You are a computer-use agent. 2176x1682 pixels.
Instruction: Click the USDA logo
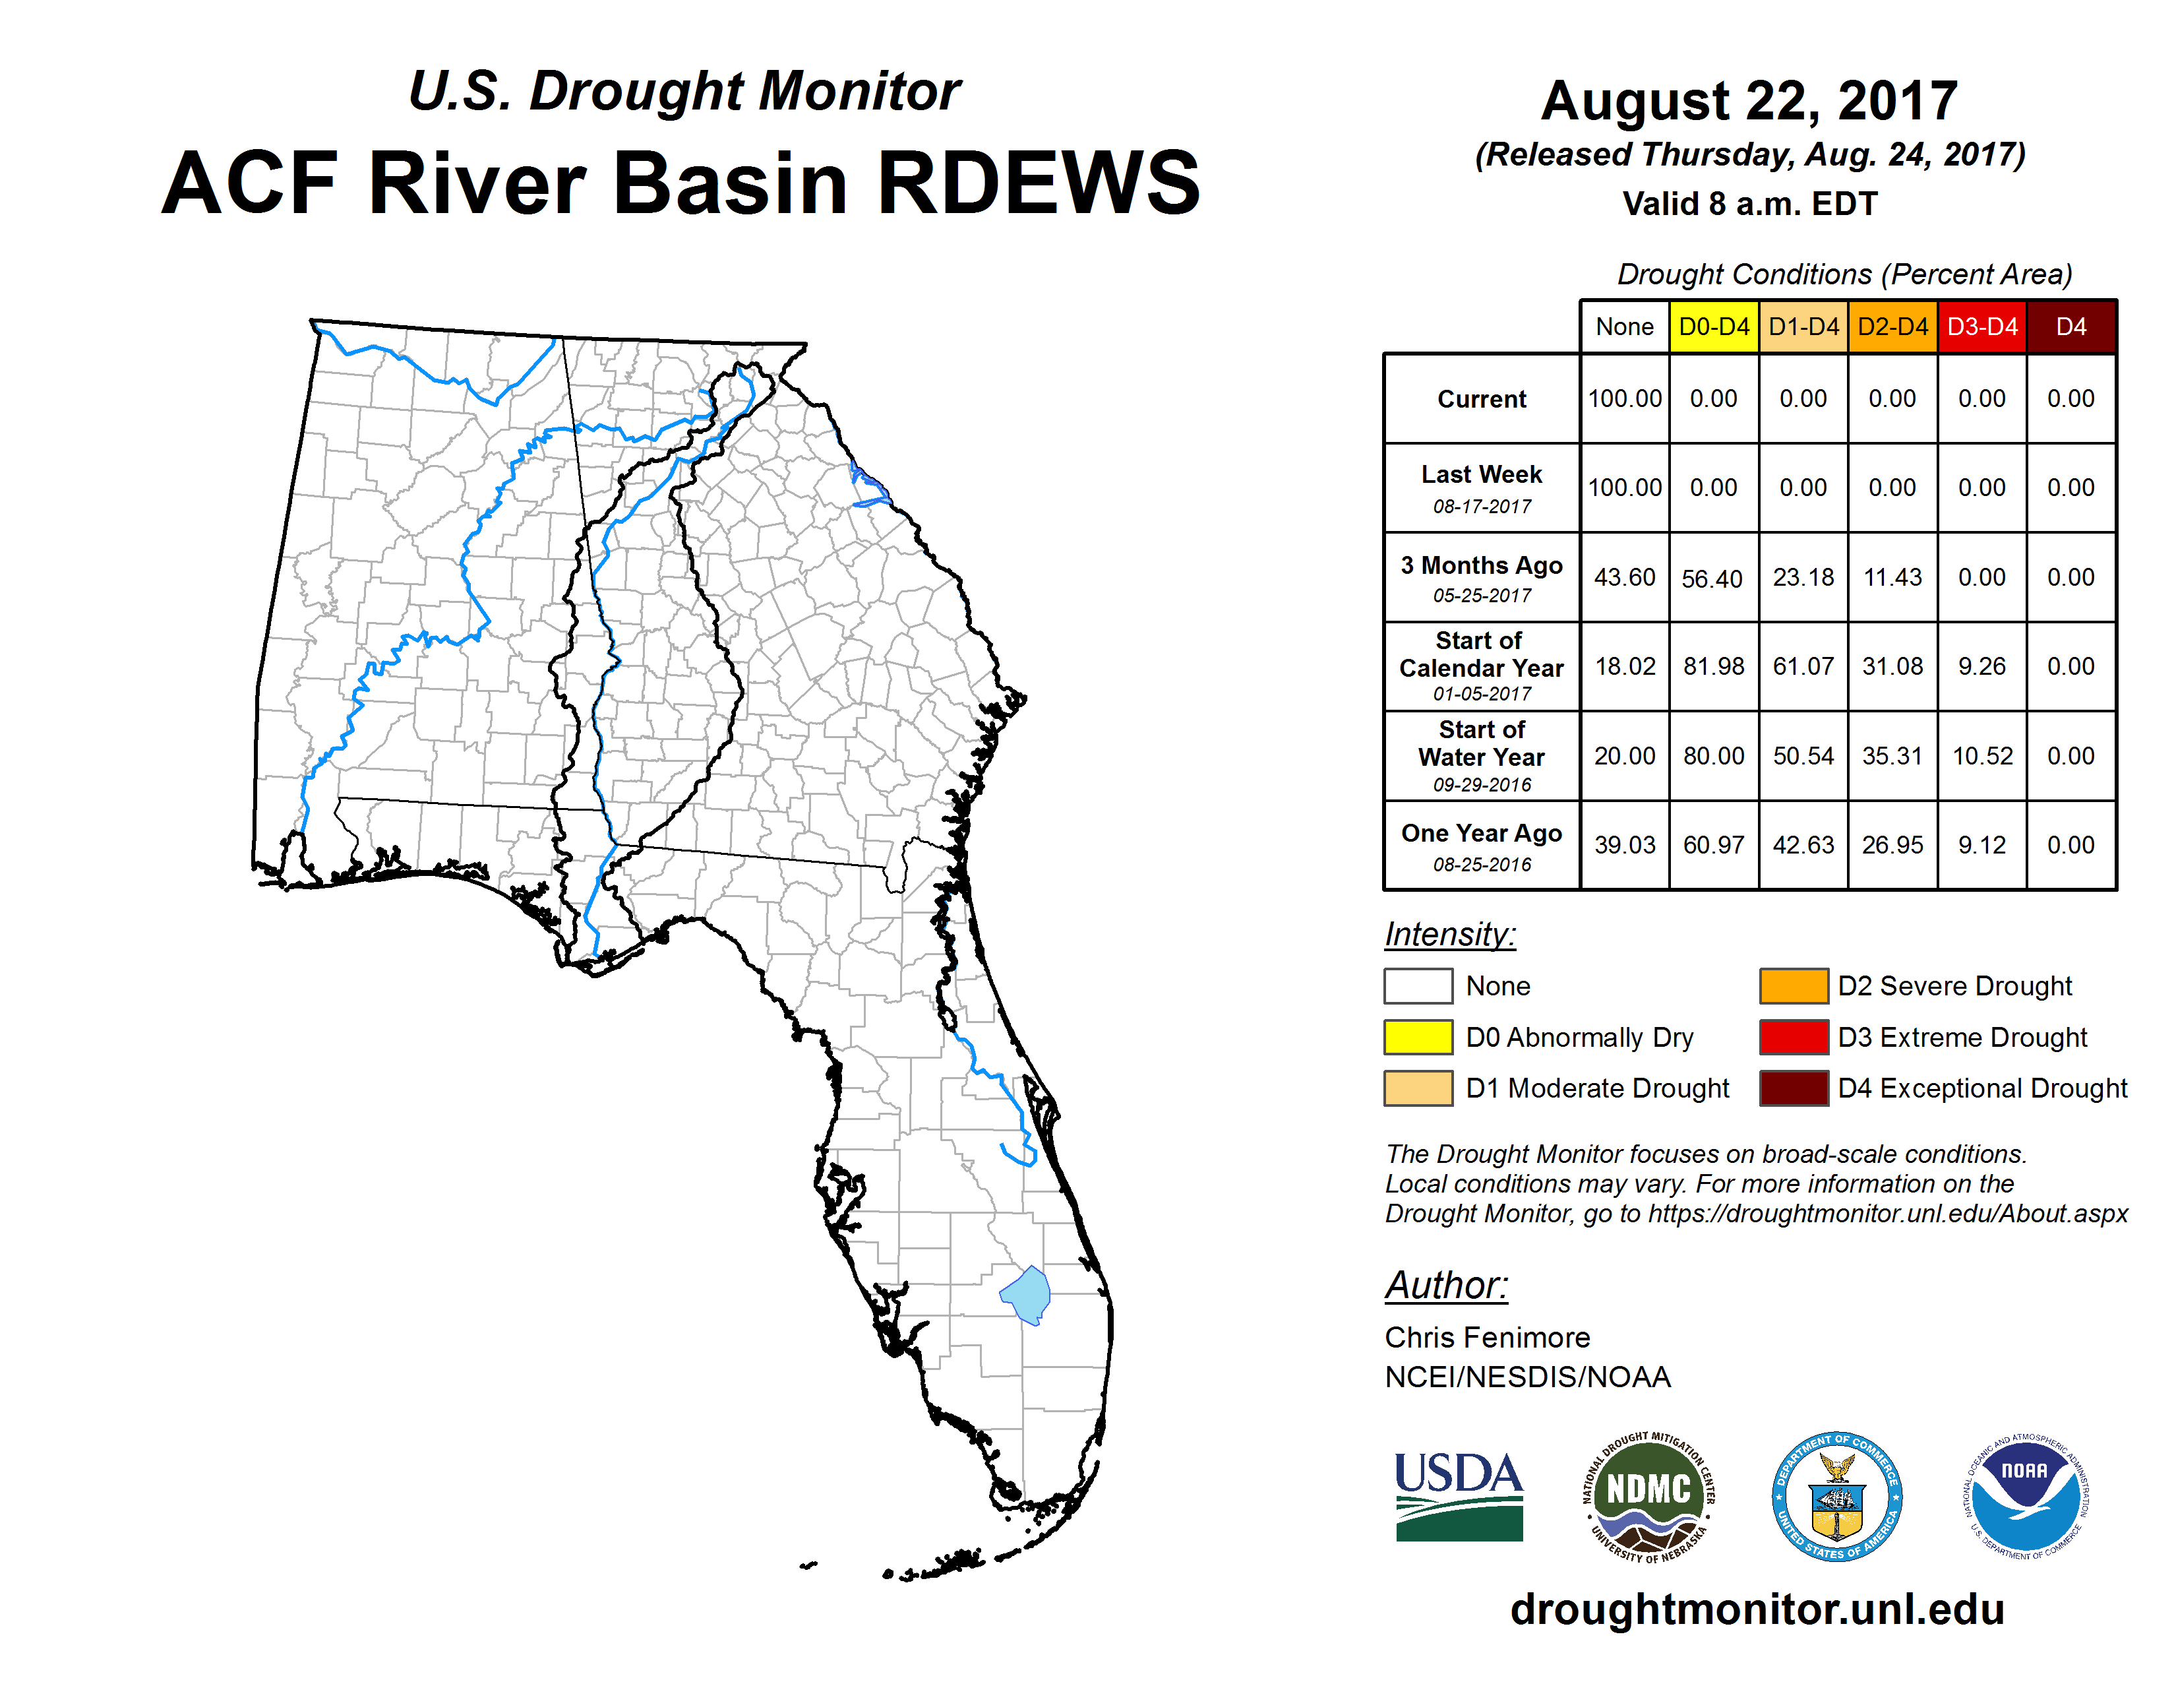1459,1497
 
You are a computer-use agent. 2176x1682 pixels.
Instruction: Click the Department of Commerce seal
1837,1497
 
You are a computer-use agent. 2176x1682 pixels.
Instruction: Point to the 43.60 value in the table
1624,577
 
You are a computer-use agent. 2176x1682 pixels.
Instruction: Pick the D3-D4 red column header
1981,327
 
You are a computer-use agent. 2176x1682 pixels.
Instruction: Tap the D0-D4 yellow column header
1714,327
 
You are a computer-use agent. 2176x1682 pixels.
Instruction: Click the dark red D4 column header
2071,327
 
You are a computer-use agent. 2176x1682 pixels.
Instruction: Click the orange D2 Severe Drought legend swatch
1794,985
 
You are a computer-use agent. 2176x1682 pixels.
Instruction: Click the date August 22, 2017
1749,101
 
